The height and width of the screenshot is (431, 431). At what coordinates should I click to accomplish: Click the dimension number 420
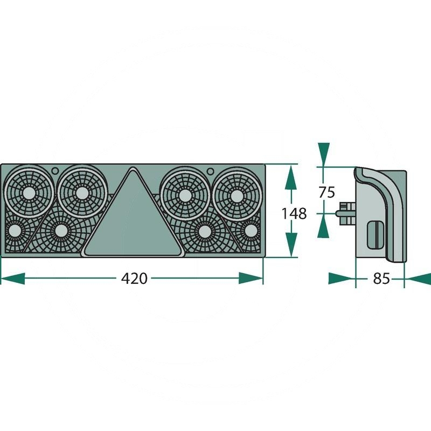(x=134, y=279)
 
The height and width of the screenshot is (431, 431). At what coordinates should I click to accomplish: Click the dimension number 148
(x=294, y=214)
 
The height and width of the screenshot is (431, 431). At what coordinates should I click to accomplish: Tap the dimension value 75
(x=327, y=192)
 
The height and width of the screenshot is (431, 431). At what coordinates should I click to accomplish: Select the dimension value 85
(x=381, y=279)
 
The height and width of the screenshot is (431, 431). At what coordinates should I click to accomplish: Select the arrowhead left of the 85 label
(x=342, y=279)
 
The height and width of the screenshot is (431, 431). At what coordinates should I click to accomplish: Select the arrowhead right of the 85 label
(x=417, y=279)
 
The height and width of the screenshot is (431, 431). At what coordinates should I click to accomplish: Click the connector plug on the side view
(x=346, y=212)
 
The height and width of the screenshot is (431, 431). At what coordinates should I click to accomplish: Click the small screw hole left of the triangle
(x=55, y=171)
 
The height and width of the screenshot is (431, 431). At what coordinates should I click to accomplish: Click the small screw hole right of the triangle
(x=211, y=171)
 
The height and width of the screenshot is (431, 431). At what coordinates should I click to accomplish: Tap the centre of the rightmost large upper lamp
(x=237, y=194)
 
